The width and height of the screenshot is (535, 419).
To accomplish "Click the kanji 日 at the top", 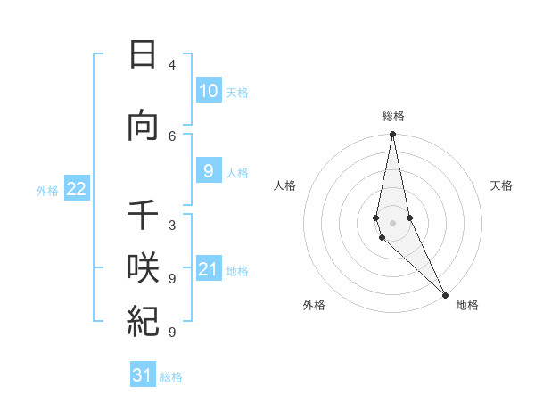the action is tap(143, 55).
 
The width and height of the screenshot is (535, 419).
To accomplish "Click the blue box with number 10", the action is tap(208, 91).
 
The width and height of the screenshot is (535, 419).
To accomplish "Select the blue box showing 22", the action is tap(76, 189).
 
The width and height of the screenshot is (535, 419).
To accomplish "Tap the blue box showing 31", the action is tap(143, 375).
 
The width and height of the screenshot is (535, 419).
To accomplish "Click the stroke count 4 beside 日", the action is tap(172, 65).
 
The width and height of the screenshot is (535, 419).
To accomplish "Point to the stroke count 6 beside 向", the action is tap(172, 136).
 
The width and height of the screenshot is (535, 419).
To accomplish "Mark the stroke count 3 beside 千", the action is tap(172, 226).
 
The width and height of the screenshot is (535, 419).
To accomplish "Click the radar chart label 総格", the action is tap(393, 116).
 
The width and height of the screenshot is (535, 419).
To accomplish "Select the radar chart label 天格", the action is tap(502, 185).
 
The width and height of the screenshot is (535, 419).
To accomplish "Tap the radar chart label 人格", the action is tap(284, 185).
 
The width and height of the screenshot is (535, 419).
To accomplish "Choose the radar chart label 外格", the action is tap(314, 305).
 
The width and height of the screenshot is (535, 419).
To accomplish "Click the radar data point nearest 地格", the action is tap(445, 294).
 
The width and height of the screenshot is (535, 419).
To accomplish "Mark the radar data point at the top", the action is tap(393, 134).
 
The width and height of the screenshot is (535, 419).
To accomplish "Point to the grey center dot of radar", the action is tap(393, 222).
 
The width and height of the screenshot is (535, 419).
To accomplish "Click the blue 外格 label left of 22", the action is tap(47, 190).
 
